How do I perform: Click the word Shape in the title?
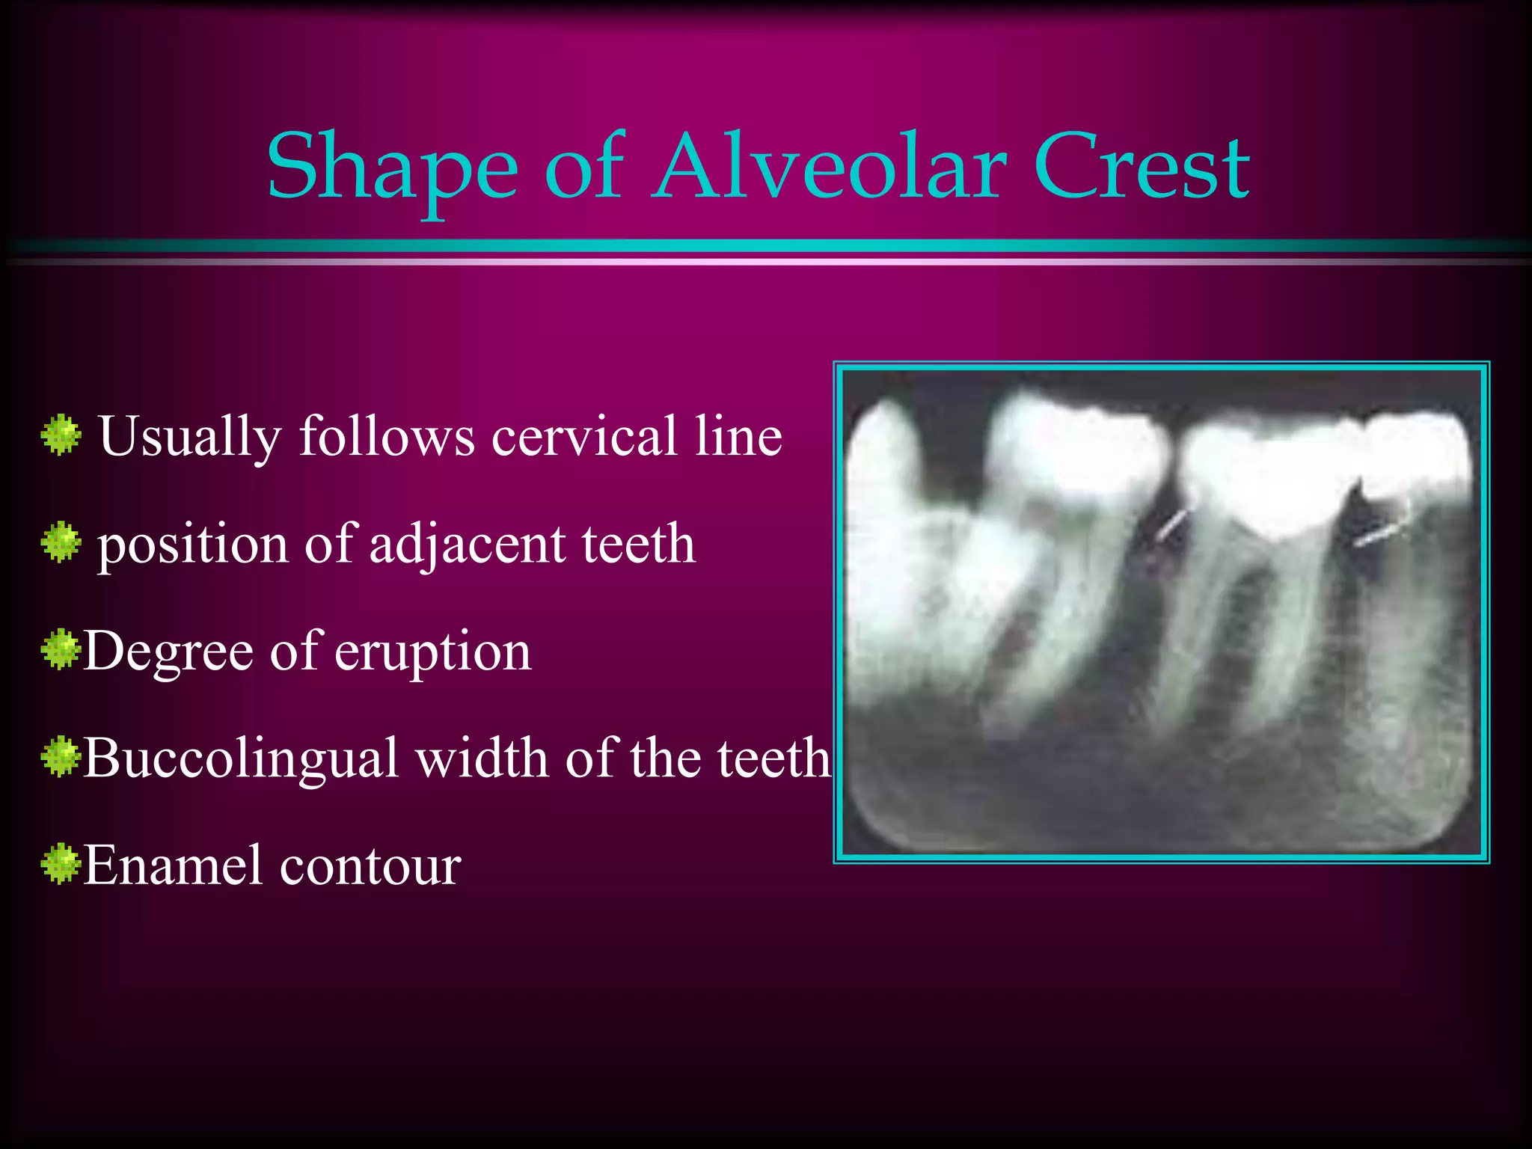[392, 168]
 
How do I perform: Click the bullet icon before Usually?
[61, 435]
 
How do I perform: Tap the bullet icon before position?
[61, 542]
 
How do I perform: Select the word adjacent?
[467, 544]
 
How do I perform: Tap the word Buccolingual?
[240, 759]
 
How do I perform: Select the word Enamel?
[173, 865]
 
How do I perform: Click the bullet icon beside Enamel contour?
[61, 864]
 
